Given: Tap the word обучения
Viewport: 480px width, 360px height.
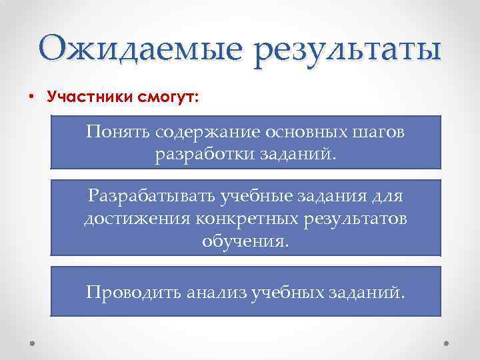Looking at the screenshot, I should [246, 241].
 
